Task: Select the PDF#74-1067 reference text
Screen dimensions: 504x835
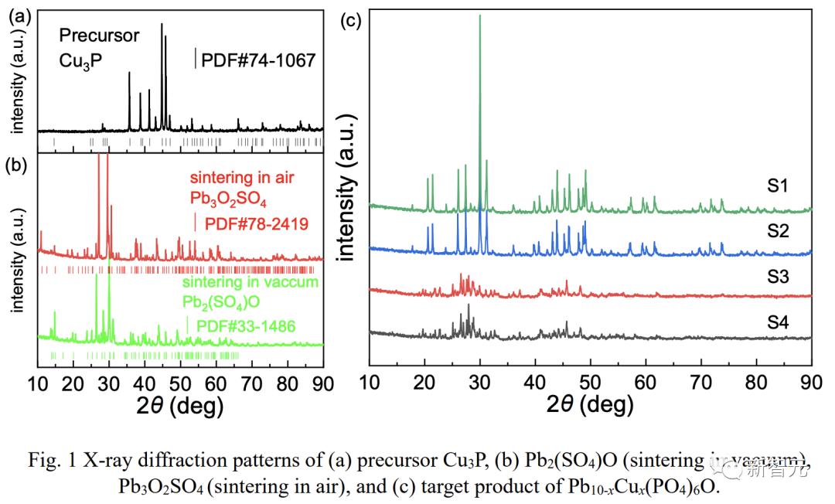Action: (258, 60)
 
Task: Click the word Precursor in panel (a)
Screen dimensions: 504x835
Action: (100, 36)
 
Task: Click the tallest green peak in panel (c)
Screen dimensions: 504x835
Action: (480, 17)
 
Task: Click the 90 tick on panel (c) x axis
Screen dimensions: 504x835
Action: (811, 380)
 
